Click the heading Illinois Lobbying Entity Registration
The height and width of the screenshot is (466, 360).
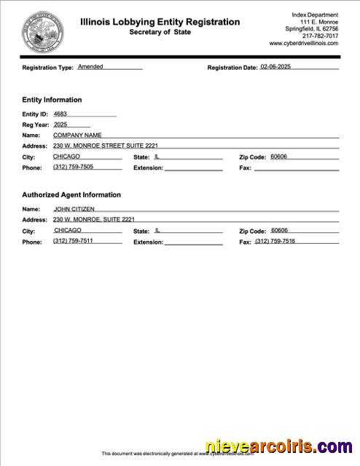(160, 22)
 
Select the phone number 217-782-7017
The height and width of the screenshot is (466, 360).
(321, 36)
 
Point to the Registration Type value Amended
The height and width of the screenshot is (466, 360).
(90, 66)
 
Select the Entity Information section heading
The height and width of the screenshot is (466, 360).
(52, 100)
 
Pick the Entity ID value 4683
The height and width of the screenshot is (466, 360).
(60, 114)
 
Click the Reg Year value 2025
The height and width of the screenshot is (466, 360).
(60, 125)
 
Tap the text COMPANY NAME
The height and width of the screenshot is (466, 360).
(77, 135)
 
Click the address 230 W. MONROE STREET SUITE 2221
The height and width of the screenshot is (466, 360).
(105, 146)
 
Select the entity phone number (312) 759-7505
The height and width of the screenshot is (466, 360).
(73, 167)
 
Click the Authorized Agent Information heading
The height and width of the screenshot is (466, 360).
(71, 195)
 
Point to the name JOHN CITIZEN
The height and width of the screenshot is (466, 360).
(74, 209)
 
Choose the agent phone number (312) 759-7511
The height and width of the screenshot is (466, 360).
(73, 241)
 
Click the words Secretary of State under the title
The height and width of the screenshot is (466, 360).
(159, 32)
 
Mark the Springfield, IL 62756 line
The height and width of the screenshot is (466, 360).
(312, 28)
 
